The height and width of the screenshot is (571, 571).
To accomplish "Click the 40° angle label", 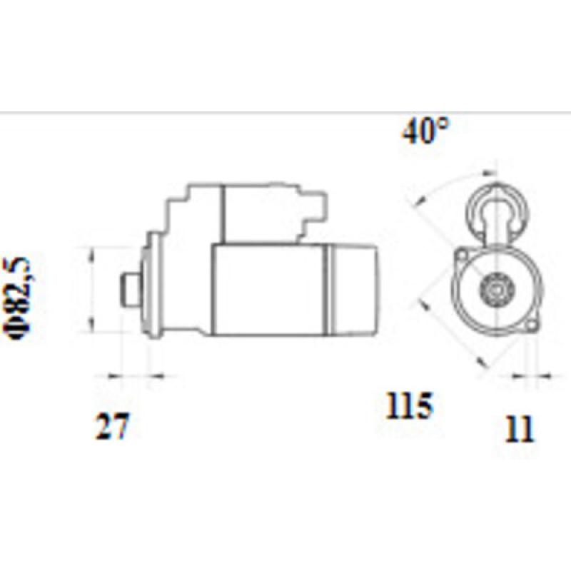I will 426,132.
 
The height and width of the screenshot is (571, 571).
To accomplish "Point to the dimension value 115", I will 410,407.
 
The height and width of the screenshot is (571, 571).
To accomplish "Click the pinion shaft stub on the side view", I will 129,290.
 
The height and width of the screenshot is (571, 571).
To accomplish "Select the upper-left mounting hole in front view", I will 462,254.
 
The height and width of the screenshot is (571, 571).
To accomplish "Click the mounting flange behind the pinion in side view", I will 150,289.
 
